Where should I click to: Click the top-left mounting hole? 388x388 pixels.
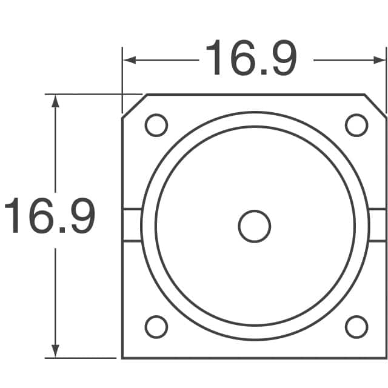(156, 125)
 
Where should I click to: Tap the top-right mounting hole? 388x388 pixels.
(356, 125)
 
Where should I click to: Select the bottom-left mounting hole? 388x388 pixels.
(156, 327)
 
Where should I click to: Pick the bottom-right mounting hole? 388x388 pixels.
(356, 327)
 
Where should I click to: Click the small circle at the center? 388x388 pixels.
(255, 226)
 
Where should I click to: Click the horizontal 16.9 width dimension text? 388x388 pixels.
(251, 59)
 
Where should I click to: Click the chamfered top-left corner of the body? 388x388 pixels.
(133, 105)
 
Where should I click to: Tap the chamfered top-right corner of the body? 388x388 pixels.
(375, 104)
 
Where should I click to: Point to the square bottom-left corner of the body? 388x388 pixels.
(123, 358)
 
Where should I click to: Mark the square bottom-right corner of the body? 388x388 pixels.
(386, 358)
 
